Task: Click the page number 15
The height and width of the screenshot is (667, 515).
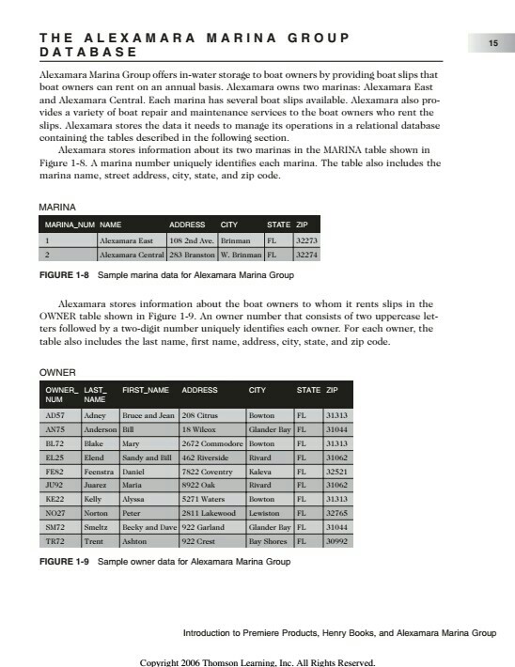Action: tap(492, 43)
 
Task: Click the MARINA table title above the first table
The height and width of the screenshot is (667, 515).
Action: tap(56, 206)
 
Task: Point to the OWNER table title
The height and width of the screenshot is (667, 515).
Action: tap(56, 372)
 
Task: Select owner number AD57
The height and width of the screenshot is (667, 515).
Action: tap(55, 414)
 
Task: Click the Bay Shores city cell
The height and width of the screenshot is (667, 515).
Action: tap(268, 542)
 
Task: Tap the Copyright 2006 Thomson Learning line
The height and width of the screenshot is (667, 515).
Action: tap(257, 661)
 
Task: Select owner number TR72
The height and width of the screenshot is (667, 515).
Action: tap(55, 542)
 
